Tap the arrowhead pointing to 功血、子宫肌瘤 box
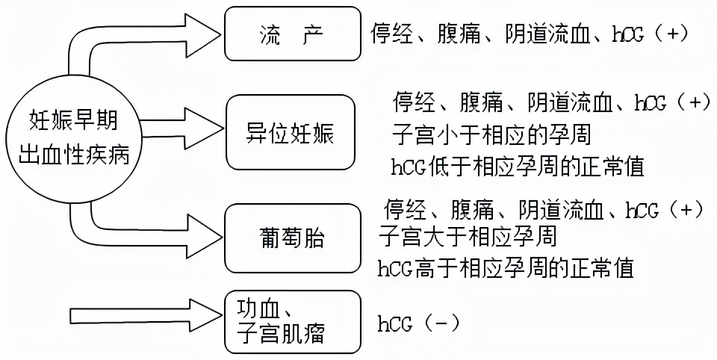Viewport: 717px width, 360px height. click(x=202, y=311)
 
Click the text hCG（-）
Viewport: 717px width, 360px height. click(x=418, y=323)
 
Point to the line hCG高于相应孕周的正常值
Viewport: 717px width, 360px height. click(x=506, y=267)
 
